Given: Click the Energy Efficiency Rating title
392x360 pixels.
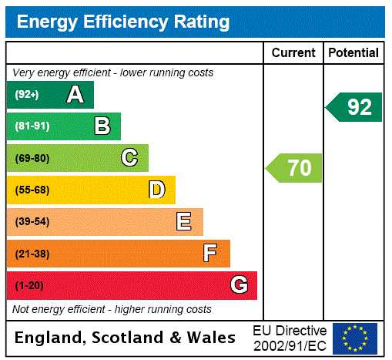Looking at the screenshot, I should pyautogui.click(x=123, y=22).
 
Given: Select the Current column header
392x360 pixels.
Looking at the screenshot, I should pyautogui.click(x=293, y=53).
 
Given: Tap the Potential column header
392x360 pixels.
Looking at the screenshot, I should pyautogui.click(x=353, y=53).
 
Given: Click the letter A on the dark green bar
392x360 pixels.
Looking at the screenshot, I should pyautogui.click(x=75, y=95).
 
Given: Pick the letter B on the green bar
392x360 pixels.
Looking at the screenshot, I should pyautogui.click(x=102, y=126).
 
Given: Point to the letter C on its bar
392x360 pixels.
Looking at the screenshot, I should pyautogui.click(x=129, y=158).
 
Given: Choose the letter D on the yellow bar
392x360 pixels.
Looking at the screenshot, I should pyautogui.click(x=156, y=190).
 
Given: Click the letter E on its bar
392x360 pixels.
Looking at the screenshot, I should pyautogui.click(x=184, y=222).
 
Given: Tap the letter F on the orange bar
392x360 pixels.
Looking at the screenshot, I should pyautogui.click(x=210, y=254).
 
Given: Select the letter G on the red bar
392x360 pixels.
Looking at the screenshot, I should pyautogui.click(x=239, y=285).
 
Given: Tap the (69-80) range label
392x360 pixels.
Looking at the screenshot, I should pyautogui.click(x=32, y=159).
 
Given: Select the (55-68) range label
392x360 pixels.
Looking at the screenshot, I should pyautogui.click(x=32, y=190).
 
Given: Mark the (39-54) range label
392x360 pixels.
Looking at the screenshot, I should pyautogui.click(x=32, y=222).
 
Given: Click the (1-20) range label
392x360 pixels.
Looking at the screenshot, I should pyautogui.click(x=29, y=286).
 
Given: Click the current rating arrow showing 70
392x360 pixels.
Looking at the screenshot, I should pyautogui.click(x=294, y=167).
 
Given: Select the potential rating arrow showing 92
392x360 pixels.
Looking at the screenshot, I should pyautogui.click(x=354, y=106).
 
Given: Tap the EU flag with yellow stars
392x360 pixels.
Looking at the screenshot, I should pyautogui.click(x=355, y=338).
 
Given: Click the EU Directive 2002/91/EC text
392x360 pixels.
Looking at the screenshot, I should pyautogui.click(x=290, y=338).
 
